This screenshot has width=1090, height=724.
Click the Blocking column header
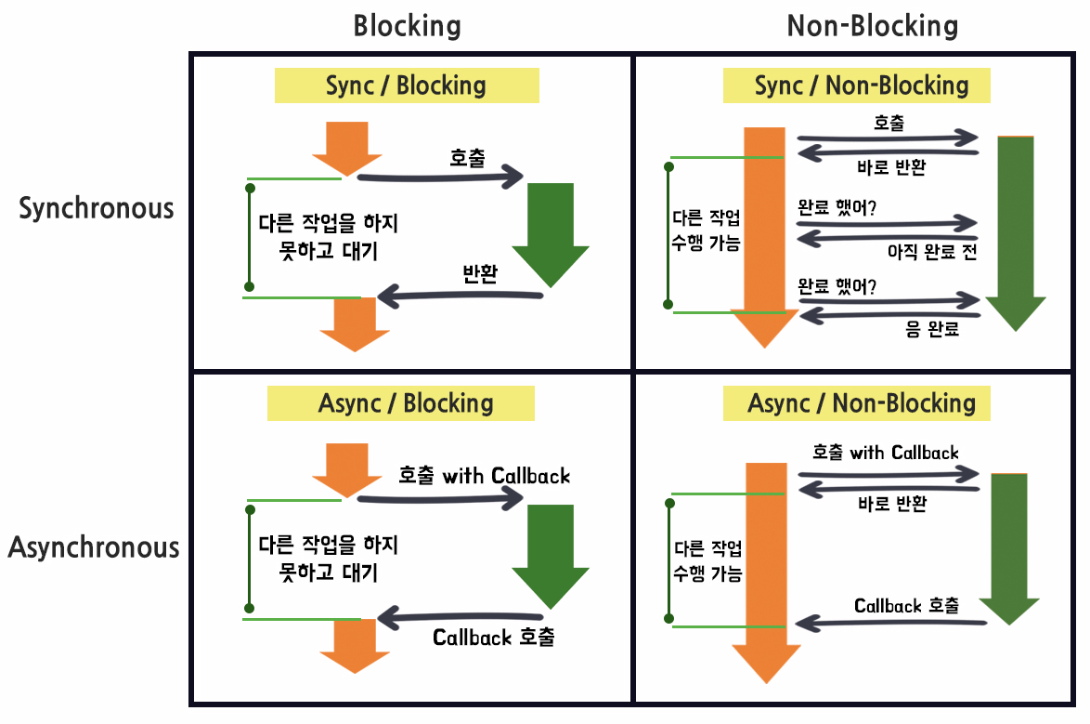(x=407, y=25)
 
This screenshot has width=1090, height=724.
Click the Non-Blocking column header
(x=872, y=25)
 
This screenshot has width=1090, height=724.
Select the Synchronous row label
(x=97, y=207)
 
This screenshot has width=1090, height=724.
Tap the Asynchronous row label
(x=94, y=546)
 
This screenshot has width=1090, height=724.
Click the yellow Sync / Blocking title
(x=406, y=86)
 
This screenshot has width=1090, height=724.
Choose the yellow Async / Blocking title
(x=406, y=403)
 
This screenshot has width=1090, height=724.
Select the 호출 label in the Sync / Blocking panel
(x=467, y=158)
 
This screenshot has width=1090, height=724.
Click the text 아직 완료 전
(x=929, y=252)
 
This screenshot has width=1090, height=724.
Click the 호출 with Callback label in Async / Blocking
(x=484, y=476)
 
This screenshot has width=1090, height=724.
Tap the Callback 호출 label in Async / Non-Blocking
(x=906, y=606)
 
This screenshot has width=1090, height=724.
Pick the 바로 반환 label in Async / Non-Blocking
(x=892, y=503)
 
